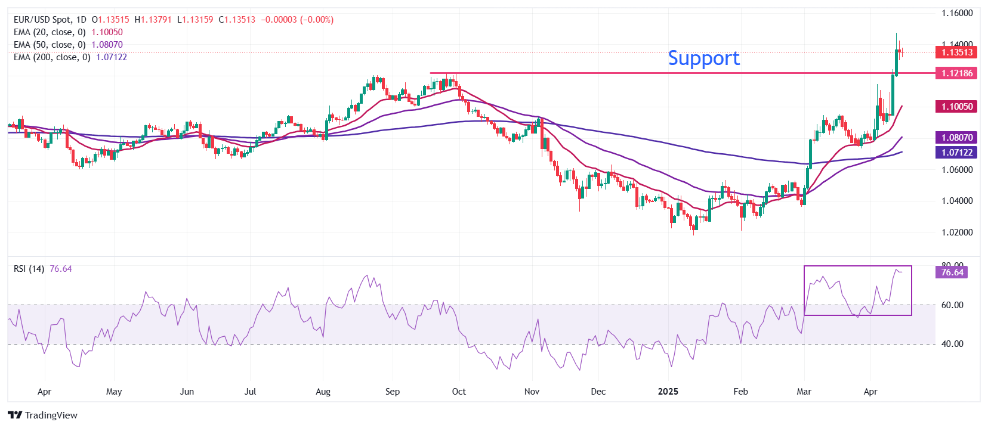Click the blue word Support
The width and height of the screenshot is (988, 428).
[x=703, y=58]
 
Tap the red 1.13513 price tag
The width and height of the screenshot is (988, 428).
[x=957, y=52]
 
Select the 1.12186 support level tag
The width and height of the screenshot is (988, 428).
[x=957, y=73]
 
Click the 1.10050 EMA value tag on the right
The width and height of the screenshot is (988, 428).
[x=957, y=107]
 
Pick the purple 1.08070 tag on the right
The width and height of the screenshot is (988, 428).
[x=957, y=138]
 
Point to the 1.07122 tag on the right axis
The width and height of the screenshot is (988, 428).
[x=957, y=153]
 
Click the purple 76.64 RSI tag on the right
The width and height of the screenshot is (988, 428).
[x=952, y=272]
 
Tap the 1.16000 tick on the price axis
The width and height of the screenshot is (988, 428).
[x=957, y=13]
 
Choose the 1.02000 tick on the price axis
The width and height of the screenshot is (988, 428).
[x=957, y=232]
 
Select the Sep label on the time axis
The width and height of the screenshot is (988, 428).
[x=393, y=392]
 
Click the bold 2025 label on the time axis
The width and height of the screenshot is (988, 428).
[x=668, y=392]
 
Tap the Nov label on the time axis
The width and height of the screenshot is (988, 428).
[x=532, y=392]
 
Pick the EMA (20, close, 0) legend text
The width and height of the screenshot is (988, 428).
[x=50, y=32]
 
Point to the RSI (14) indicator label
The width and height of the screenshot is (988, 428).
[x=29, y=269]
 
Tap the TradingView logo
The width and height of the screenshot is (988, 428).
[x=43, y=415]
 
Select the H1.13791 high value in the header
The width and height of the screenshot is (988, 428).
[x=153, y=20]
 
